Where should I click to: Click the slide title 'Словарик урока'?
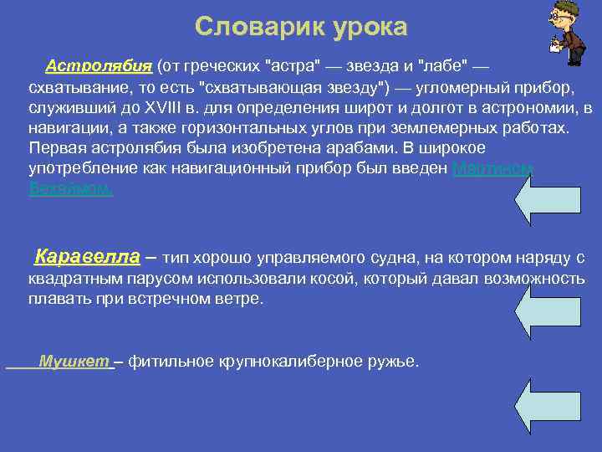click(x=301, y=28)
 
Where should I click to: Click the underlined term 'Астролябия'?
click(x=99, y=66)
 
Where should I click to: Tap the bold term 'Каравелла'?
click(x=87, y=256)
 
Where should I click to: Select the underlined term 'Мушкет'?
click(x=74, y=362)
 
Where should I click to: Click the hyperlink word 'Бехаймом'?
click(x=70, y=189)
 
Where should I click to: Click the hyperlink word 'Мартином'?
click(x=492, y=168)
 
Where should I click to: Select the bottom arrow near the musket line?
click(x=547, y=409)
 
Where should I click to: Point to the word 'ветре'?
click(x=239, y=299)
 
